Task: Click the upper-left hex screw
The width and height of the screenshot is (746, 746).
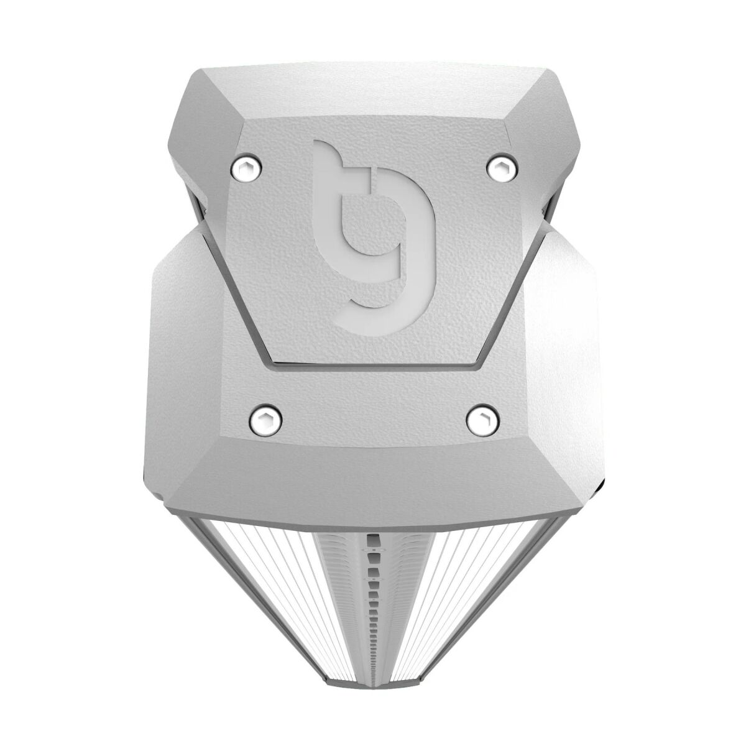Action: click(x=245, y=166)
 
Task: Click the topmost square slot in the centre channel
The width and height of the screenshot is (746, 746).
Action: click(x=373, y=536)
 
